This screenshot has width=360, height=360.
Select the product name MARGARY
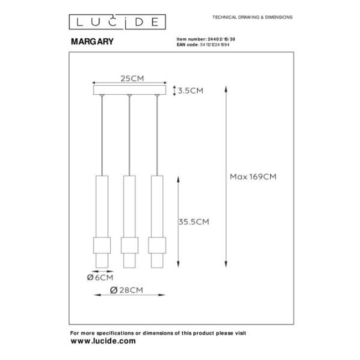[x=91, y=41]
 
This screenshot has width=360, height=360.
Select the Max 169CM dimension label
[x=253, y=177]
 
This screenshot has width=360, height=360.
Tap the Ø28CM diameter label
[x=128, y=290]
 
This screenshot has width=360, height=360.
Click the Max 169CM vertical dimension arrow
[x=224, y=177]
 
